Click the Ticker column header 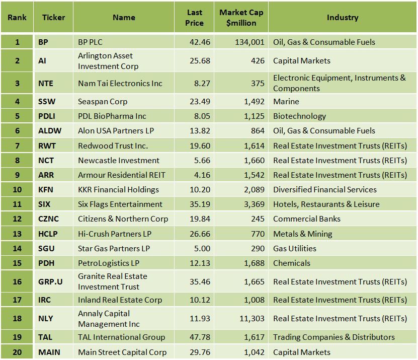[53, 18]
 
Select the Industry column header [342, 18]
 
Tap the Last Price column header [194, 18]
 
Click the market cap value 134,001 [249, 42]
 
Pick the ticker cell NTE [46, 83]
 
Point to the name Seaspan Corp [103, 101]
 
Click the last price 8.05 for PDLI [201, 116]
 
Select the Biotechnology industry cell [299, 116]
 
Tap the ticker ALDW [50, 130]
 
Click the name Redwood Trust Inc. [113, 146]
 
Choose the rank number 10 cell [17, 189]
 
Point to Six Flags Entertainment [120, 204]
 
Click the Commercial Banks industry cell [307, 219]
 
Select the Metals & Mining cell [302, 234]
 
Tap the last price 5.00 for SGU [202, 248]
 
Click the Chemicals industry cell [292, 263]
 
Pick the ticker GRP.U [50, 281]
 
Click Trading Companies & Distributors [334, 337]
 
